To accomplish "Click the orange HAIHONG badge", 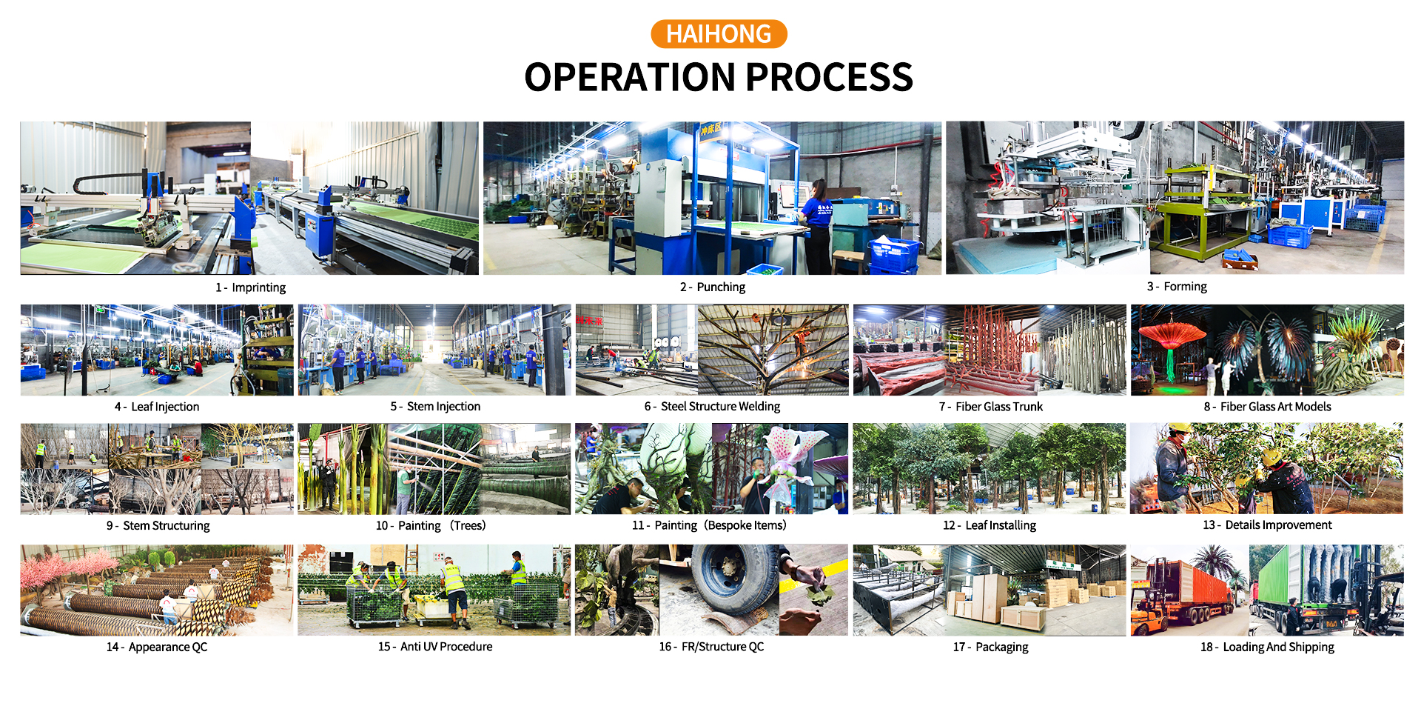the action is [x=719, y=34].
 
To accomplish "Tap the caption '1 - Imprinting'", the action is [x=250, y=287].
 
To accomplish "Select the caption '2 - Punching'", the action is [x=713, y=287].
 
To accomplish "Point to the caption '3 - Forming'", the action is [x=1177, y=287].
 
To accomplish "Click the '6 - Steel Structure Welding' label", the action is [x=712, y=406].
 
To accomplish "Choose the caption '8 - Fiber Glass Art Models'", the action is [x=1267, y=406].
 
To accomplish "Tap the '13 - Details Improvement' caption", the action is [x=1267, y=524].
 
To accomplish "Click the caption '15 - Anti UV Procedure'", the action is [x=435, y=647].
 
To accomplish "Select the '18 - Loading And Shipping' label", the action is [x=1267, y=647].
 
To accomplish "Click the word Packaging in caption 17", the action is [x=1002, y=647].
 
